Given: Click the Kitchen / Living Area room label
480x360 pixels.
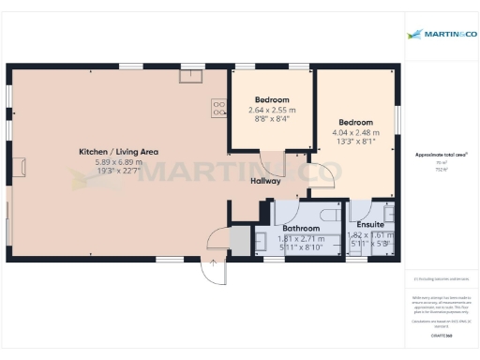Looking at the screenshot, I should [117, 151].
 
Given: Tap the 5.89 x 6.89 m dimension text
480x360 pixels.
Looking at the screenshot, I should [117, 161].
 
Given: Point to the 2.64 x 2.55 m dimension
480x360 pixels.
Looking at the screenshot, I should [272, 110].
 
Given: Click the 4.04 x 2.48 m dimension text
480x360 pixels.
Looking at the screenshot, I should [355, 132].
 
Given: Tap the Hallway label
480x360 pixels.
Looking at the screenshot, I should [265, 181].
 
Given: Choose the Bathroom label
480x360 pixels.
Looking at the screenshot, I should [301, 228].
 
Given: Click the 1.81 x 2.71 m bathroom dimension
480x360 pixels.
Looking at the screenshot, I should [301, 238].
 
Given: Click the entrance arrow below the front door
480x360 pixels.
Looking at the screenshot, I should [214, 264].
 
